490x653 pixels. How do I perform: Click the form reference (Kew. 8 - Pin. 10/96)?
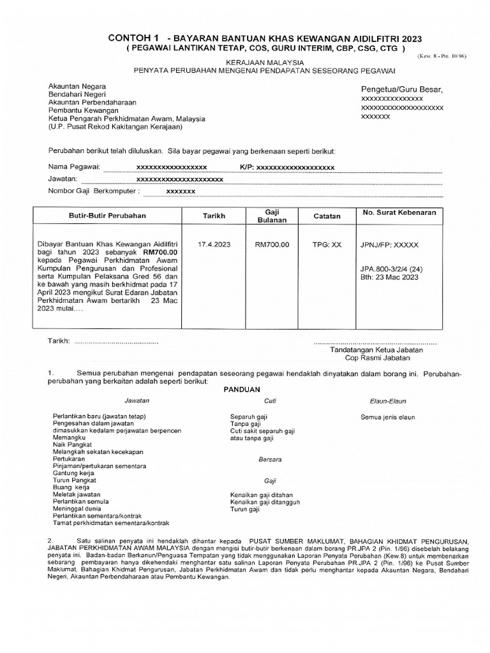point(442,56)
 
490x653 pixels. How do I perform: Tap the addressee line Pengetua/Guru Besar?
point(402,89)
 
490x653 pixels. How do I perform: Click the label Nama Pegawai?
point(74,167)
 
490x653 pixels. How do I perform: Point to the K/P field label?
point(247,167)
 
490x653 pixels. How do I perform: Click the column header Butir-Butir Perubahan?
point(107,216)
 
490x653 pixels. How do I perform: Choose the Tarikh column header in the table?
point(214,216)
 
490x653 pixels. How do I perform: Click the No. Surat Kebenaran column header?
point(399,213)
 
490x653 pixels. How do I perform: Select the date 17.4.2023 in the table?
point(214,244)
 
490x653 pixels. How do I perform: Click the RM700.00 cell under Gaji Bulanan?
point(272,244)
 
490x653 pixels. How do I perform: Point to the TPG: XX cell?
point(327,244)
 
